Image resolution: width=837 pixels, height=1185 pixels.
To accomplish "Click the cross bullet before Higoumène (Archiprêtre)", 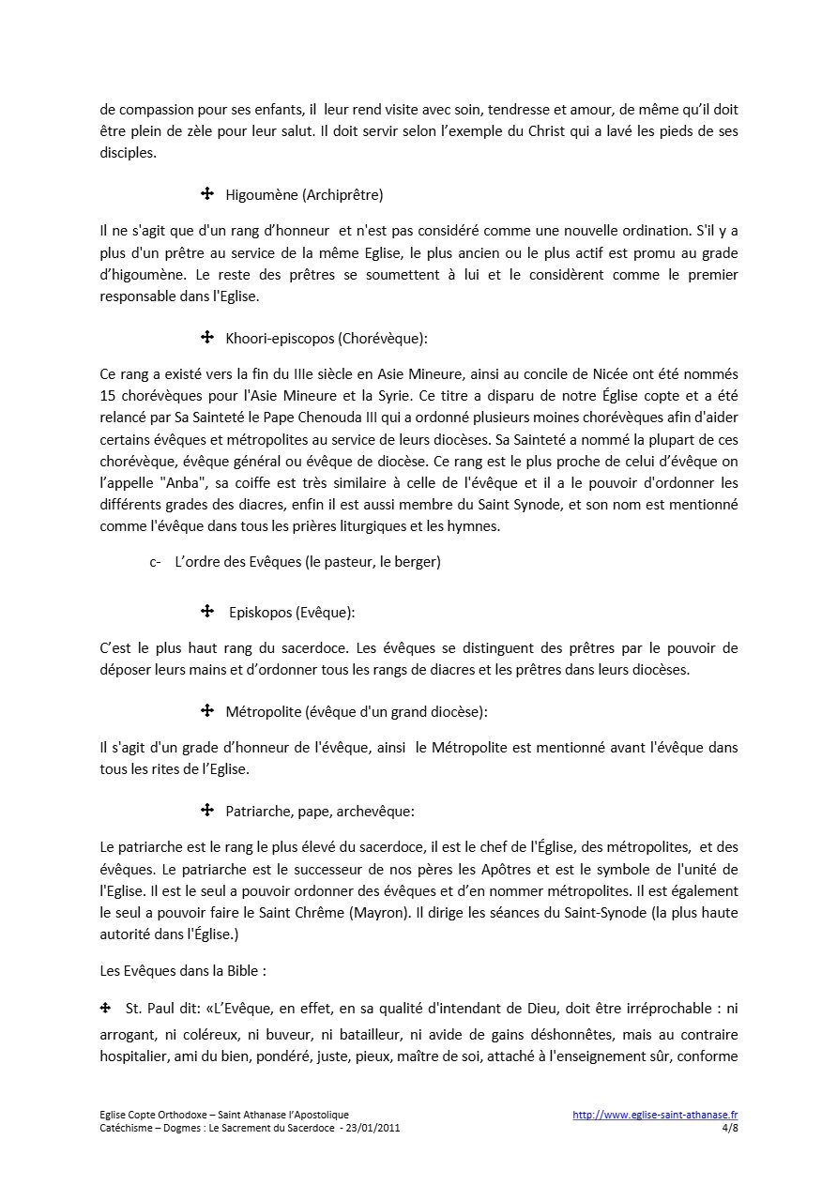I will click(x=207, y=194).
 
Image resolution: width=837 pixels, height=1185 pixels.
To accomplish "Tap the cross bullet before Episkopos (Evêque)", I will click(x=207, y=612).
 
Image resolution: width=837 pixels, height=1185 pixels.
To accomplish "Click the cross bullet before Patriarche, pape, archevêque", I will click(x=207, y=810).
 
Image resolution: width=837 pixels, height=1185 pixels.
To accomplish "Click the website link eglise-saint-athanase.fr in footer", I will click(x=655, y=1116).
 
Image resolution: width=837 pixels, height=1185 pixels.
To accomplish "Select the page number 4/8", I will click(x=730, y=1129).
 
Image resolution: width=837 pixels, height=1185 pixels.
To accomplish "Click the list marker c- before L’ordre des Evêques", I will click(x=155, y=562).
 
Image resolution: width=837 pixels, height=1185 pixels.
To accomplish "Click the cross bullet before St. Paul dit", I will click(x=106, y=1009).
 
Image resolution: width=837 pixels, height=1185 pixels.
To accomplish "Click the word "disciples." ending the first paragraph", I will click(x=129, y=152).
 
